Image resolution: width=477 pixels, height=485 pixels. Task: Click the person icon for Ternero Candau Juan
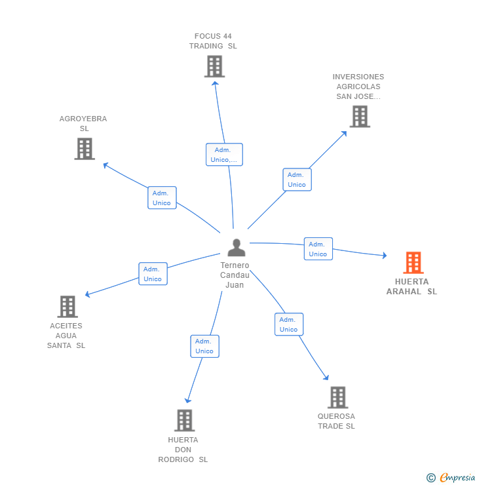click(x=236, y=248)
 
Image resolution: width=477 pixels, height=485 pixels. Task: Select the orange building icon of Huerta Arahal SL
click(x=413, y=263)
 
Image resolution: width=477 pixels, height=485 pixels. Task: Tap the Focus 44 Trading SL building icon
click(x=214, y=66)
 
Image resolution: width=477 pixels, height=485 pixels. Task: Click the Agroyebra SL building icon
click(x=85, y=149)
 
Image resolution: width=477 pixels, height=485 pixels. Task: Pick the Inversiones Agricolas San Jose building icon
click(x=360, y=117)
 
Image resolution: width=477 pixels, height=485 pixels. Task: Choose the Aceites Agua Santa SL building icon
click(x=67, y=306)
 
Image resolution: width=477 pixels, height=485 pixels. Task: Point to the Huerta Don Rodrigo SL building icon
click(x=185, y=420)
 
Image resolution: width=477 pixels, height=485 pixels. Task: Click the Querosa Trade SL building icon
click(x=337, y=397)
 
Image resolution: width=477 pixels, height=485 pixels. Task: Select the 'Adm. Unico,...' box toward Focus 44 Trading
click(x=224, y=155)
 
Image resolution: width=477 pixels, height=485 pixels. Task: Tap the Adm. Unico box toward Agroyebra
click(x=162, y=198)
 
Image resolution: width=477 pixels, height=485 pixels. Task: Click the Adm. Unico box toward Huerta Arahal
click(x=318, y=249)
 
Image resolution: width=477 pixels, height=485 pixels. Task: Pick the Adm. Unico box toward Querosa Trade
click(x=288, y=324)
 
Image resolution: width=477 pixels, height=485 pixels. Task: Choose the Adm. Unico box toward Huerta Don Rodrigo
click(x=204, y=346)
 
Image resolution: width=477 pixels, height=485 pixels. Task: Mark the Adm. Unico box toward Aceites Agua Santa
click(x=153, y=274)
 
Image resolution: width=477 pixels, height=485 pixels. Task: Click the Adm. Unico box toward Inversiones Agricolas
click(x=297, y=180)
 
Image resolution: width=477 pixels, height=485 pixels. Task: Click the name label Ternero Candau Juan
click(x=235, y=275)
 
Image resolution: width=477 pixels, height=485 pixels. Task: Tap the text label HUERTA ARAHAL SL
click(x=411, y=287)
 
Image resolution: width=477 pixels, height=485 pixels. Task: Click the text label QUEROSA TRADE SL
click(x=336, y=421)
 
